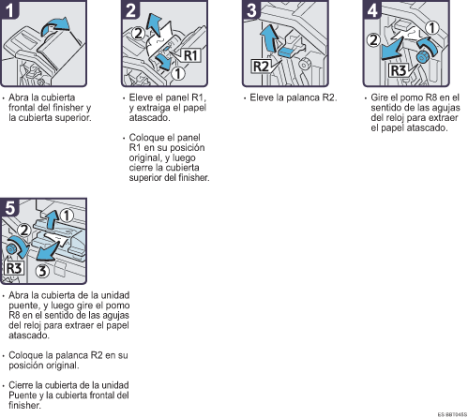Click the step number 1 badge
(x=9, y=9)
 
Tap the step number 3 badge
(x=251, y=9)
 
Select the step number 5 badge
(x=9, y=207)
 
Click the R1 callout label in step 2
(x=190, y=55)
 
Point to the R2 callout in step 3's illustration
(x=261, y=67)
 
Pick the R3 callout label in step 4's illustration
(x=399, y=70)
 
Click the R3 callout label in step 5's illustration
(x=14, y=268)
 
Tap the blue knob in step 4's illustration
(x=422, y=57)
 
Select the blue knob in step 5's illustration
(x=11, y=249)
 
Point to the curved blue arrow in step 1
(x=55, y=26)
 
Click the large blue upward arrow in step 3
(x=269, y=38)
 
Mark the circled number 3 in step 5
(x=42, y=271)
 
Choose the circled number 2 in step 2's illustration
(x=139, y=34)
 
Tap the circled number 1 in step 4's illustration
(x=432, y=28)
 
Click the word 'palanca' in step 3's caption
(x=303, y=97)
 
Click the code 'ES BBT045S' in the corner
(x=452, y=414)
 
